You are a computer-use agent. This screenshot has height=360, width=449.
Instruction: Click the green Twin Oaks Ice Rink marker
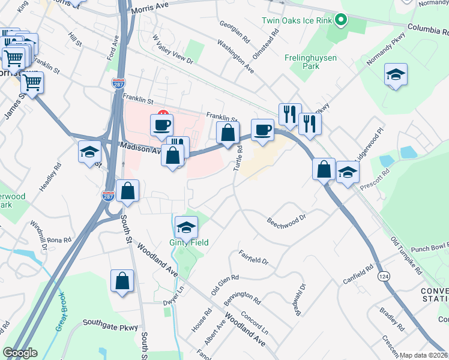pyautogui.click(x=341, y=20)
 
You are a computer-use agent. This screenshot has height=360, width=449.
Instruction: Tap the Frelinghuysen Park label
pyautogui.click(x=311, y=62)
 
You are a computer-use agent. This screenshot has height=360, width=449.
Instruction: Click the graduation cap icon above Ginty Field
pyautogui.click(x=187, y=227)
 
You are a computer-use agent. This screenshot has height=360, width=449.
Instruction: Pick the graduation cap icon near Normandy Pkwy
pyautogui.click(x=396, y=75)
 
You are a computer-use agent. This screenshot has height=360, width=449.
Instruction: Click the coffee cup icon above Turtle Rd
pyautogui.click(x=262, y=130)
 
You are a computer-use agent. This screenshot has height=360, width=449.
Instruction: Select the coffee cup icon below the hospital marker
pyautogui.click(x=161, y=125)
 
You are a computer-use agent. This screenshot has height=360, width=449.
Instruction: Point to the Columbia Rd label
pyautogui.click(x=429, y=28)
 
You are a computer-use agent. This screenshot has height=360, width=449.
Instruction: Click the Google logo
pyautogui.click(x=20, y=353)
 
